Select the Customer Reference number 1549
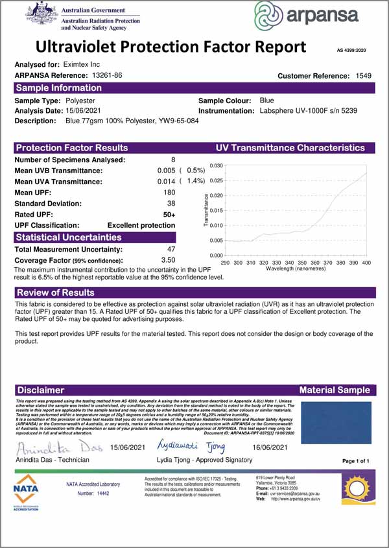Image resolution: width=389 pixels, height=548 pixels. [x=364, y=76]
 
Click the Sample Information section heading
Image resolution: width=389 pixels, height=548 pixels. [x=58, y=88]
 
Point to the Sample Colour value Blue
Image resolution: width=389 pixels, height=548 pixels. [x=266, y=101]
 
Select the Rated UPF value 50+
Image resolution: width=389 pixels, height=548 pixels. [x=169, y=214]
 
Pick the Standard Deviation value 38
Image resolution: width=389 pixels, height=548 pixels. [x=171, y=203]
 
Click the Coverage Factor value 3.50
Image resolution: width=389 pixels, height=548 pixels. [x=167, y=259]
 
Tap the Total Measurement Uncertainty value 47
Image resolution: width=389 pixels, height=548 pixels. [x=171, y=248]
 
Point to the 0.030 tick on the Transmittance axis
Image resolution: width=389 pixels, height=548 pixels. [x=217, y=166]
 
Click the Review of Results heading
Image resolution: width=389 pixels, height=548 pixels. [x=55, y=292]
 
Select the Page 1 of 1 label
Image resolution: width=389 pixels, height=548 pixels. [x=355, y=460]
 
